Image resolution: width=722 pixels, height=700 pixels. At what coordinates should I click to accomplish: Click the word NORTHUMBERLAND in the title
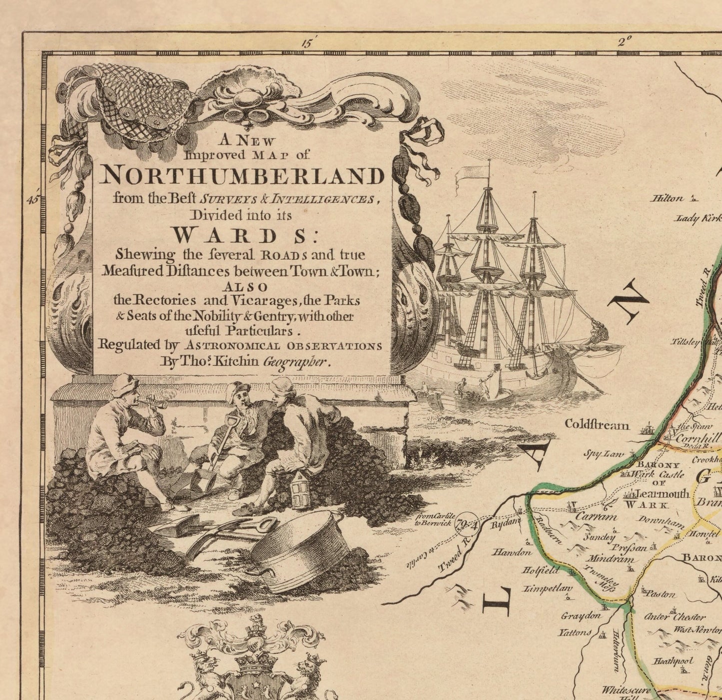tap(243, 176)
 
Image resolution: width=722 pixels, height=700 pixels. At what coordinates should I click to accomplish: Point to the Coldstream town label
tap(597, 425)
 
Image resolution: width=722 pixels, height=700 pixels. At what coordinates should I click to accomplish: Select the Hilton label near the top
tap(667, 198)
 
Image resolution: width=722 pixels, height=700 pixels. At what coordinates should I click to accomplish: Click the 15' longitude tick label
tap(306, 42)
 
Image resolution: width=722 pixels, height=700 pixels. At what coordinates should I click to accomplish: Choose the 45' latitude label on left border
tap(33, 199)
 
